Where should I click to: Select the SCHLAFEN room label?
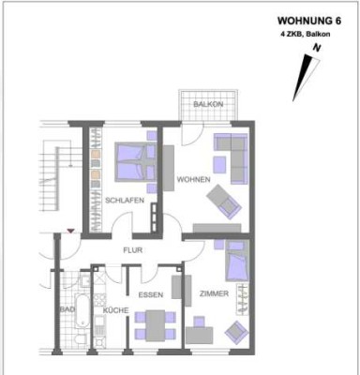coord(123,201)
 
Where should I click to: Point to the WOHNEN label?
coord(194,179)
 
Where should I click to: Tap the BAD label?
coord(67,308)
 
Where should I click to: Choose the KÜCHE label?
coord(115,309)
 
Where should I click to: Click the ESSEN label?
coord(152,295)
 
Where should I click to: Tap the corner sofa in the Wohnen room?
coord(232,155)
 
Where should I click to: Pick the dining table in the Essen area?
coord(152,324)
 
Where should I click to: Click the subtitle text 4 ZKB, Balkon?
coord(303,34)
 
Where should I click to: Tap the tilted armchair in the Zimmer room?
coord(235,330)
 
